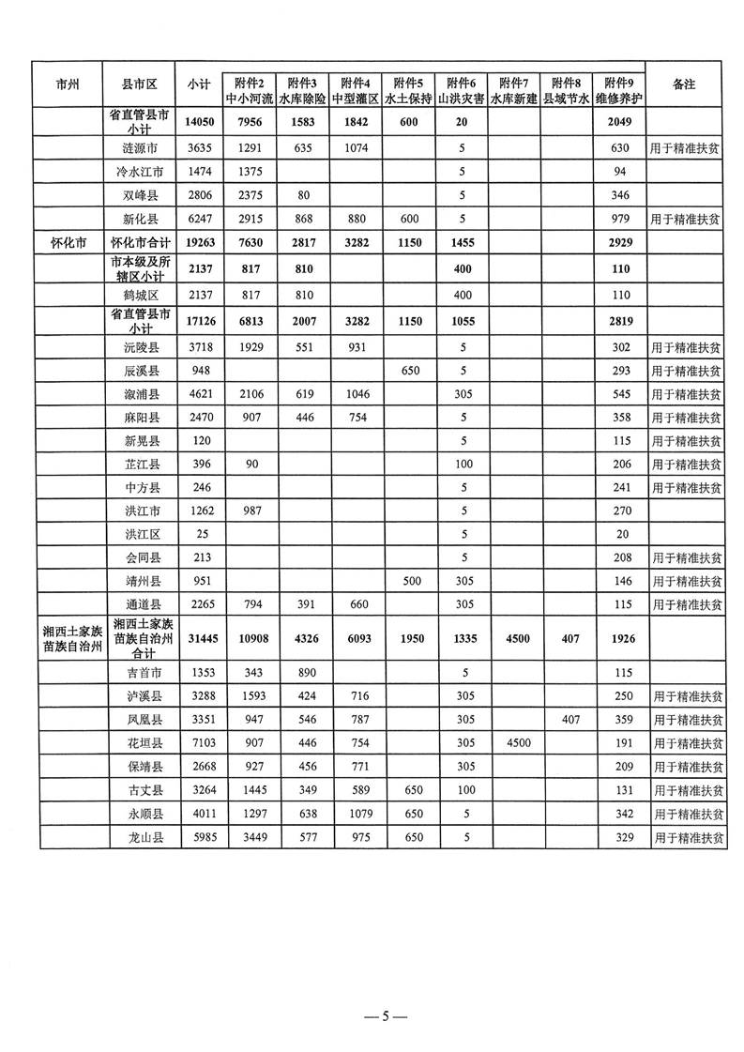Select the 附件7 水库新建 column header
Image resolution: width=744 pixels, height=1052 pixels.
coord(513,89)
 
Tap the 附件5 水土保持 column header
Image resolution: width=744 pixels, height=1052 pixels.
coord(408,89)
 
